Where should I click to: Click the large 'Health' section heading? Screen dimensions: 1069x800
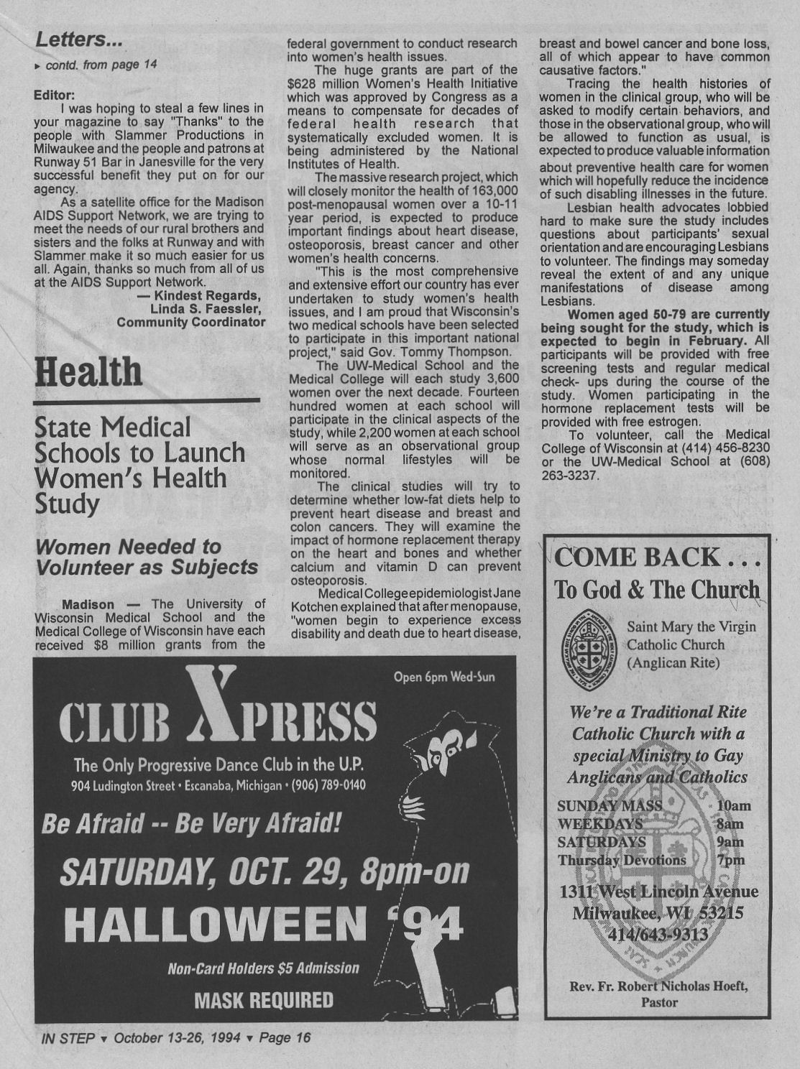pos(88,372)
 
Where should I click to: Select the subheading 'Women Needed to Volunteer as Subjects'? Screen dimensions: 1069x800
pos(147,557)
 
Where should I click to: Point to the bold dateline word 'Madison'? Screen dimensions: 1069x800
pos(88,604)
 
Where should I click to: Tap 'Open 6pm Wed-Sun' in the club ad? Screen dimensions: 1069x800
pos(444,677)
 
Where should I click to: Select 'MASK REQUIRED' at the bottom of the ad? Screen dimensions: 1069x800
pos(264,1000)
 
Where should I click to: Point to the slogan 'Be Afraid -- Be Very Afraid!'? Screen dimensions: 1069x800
pos(190,823)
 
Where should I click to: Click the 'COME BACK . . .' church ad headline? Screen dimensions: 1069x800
pos(657,557)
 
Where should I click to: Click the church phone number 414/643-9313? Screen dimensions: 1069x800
pos(658,935)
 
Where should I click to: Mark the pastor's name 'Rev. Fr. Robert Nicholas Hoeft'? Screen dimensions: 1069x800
pos(658,986)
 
